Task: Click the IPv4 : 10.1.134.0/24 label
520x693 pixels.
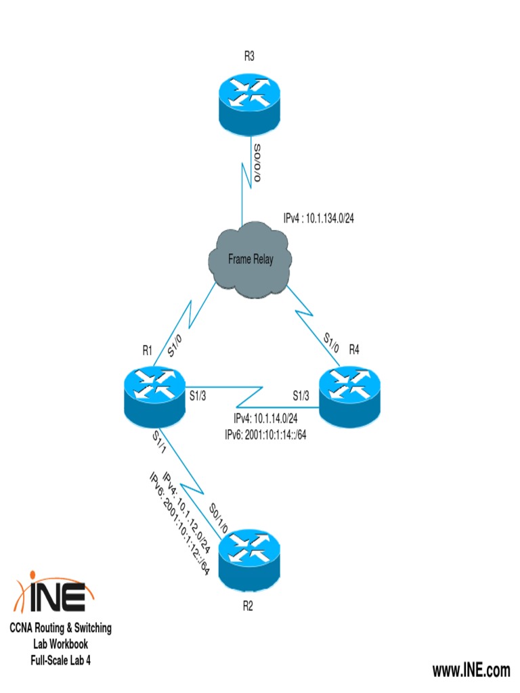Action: pos(318,219)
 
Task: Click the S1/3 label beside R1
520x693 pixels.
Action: pos(197,394)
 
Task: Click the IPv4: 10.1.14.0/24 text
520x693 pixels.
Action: pos(265,420)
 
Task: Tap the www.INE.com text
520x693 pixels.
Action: pos(471,671)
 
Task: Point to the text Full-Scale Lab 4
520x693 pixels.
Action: pos(60,659)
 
